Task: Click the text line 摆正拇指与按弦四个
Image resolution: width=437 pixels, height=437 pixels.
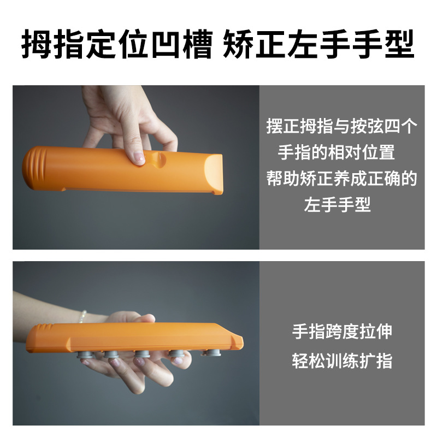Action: pos(342,127)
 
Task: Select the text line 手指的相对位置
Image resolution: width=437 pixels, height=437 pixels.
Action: pos(336,152)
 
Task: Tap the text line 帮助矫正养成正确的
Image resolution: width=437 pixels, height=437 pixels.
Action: pos(342,179)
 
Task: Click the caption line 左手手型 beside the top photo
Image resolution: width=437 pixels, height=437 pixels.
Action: pos(337,205)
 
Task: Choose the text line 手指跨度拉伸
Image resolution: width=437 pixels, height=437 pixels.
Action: pos(342,332)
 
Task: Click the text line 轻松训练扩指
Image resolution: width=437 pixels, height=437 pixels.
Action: pos(342,361)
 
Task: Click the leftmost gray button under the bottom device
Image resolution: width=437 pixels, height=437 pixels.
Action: pos(85,356)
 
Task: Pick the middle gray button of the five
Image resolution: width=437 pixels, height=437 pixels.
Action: pos(143,356)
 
